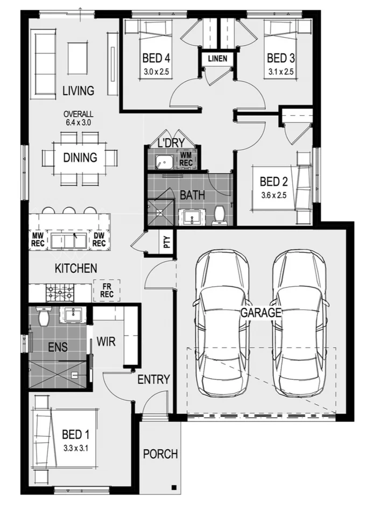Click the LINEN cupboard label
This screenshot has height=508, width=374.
tap(218, 59)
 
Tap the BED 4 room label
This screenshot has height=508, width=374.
tap(157, 58)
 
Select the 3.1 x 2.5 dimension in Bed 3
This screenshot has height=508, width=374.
tap(281, 71)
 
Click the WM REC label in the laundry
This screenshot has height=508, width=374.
tap(186, 159)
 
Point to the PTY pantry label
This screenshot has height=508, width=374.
tap(167, 242)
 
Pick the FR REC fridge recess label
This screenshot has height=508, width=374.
tap(107, 291)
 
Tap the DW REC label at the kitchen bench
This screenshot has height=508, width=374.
tap(98, 240)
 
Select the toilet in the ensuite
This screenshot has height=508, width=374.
tap(44, 317)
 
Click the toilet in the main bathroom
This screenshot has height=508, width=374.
tap(219, 215)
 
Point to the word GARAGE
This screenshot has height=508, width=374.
tap(262, 313)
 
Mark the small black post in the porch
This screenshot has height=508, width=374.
tap(174, 488)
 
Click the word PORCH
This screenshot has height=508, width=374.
tap(160, 454)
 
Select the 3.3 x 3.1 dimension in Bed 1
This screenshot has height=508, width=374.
tap(75, 447)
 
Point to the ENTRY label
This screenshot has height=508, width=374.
tap(154, 379)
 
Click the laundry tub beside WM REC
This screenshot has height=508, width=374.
tap(163, 160)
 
